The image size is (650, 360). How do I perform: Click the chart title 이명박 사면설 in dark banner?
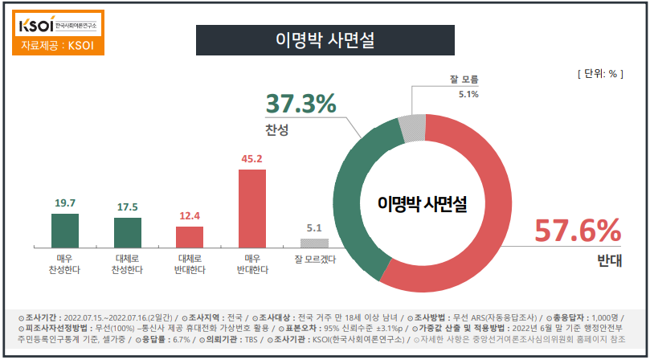[x=325, y=39]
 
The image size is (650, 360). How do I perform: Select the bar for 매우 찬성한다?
[x=59, y=231]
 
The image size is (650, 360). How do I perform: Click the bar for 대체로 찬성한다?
[x=127, y=233]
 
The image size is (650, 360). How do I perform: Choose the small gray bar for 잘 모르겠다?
[x=314, y=243]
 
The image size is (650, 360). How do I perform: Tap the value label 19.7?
[x=59, y=204]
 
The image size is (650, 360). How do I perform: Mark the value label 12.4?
[x=190, y=217]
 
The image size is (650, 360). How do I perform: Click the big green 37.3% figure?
[x=300, y=104]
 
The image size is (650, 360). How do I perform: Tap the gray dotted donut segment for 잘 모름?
[x=413, y=128]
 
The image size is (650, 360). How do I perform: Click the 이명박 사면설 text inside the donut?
[x=423, y=204]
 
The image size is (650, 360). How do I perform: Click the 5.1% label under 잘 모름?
[x=468, y=94]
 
